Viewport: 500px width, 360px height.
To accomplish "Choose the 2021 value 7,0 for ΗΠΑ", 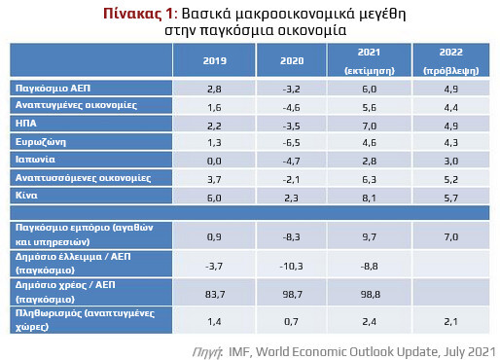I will tap(371, 126).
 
